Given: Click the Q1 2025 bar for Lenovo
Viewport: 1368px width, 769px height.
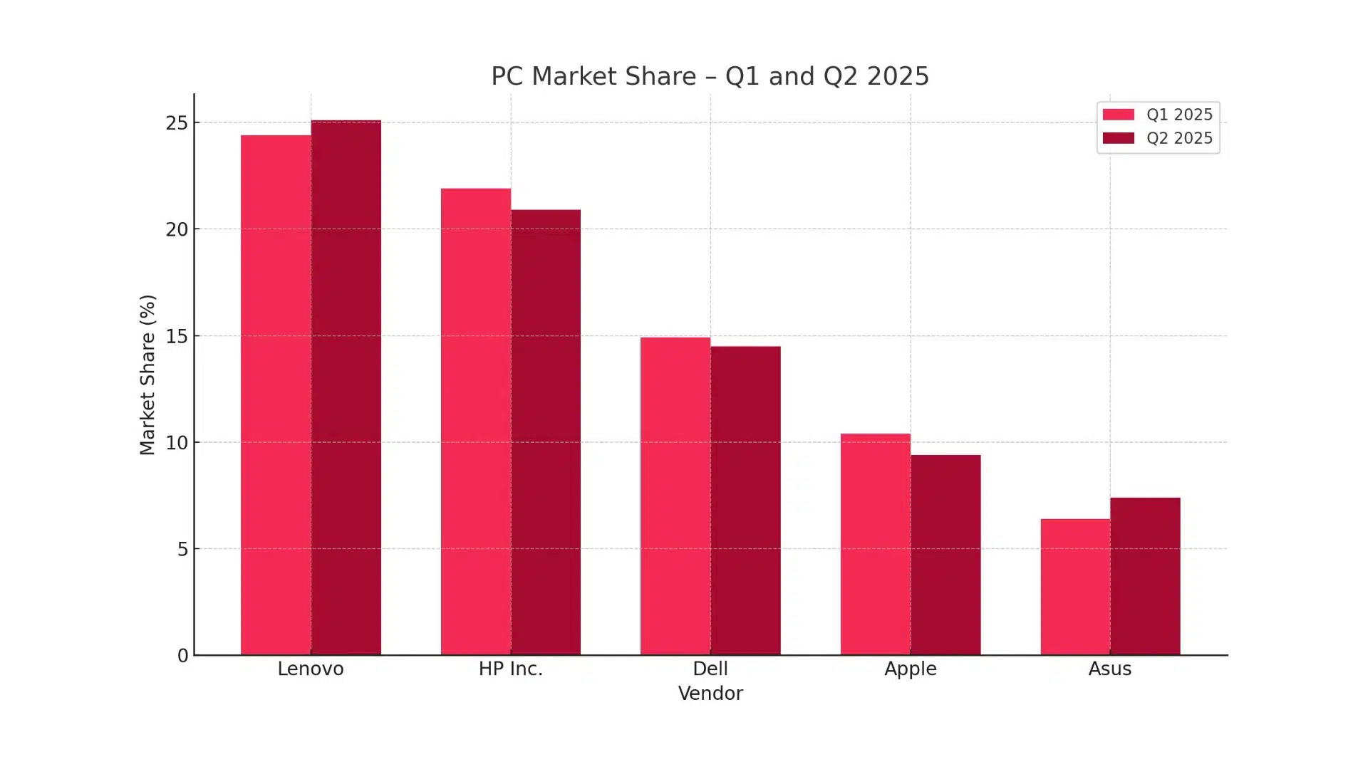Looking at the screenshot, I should (276, 395).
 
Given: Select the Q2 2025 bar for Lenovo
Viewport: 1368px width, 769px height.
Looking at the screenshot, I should (346, 388).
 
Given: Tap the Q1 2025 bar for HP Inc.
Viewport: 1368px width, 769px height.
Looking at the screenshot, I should (476, 422).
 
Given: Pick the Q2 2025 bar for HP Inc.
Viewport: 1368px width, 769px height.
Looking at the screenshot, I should (546, 432).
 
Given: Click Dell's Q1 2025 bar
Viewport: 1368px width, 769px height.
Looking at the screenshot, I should (675, 496).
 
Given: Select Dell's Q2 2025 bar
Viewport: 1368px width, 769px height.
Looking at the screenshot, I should (745, 501).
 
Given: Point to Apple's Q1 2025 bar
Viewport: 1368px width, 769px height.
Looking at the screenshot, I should (876, 544).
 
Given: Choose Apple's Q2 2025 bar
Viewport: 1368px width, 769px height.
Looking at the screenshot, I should (945, 555).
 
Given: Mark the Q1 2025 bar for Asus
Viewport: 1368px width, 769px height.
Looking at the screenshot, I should (1075, 587).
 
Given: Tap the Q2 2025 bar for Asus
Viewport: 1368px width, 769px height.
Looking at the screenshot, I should (1145, 576).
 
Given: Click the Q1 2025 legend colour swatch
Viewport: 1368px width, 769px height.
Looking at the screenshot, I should (1119, 115).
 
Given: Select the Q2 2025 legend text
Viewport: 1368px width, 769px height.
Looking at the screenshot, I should (1179, 138).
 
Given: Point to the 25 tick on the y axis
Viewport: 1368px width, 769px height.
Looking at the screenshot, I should (177, 123).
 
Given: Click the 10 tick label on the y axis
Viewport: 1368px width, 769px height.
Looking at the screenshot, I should (177, 443).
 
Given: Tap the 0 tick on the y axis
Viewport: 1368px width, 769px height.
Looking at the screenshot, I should (183, 656).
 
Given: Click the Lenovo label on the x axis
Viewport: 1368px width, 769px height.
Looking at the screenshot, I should (311, 669).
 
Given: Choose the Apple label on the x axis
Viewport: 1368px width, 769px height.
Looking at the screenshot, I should (911, 669).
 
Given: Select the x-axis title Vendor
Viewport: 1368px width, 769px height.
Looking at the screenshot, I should (710, 694).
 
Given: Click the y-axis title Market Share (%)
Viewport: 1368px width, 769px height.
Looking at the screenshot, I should (147, 375).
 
